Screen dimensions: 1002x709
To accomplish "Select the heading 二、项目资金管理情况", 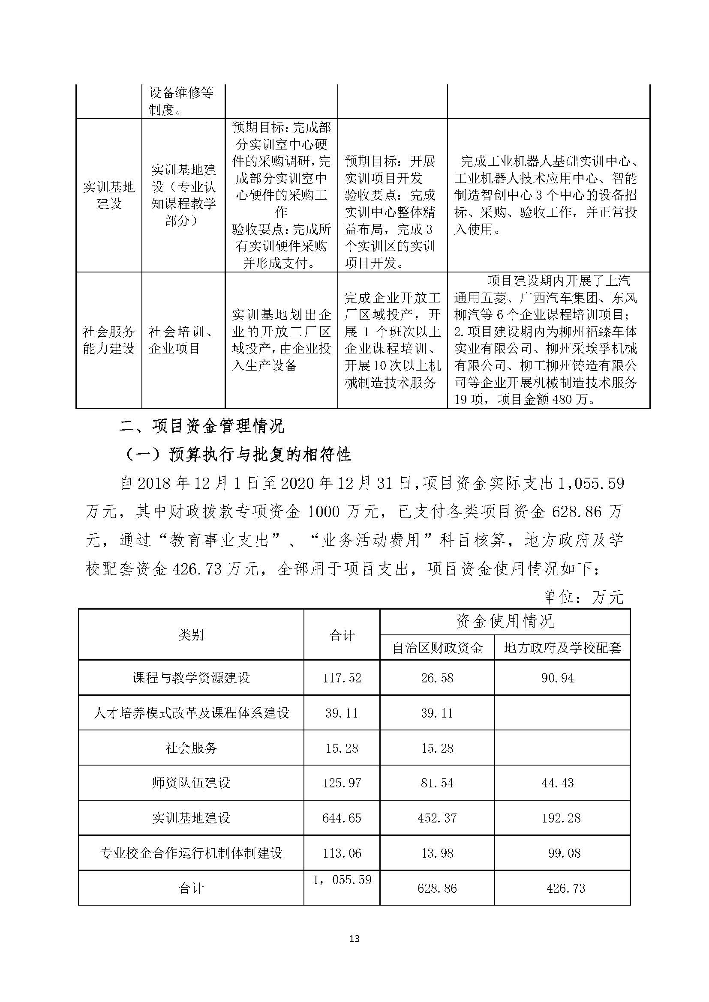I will [202, 426].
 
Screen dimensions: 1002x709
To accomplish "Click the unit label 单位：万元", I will [583, 597].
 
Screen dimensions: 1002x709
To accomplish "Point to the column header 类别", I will [191, 634].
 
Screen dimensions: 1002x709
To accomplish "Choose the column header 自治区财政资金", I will [437, 648].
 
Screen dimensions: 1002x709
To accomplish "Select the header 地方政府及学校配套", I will [562, 648].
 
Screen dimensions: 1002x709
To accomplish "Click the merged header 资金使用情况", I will [505, 622].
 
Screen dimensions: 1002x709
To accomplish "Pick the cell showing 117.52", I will [342, 678].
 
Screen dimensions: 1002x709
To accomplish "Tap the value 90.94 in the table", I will [558, 678].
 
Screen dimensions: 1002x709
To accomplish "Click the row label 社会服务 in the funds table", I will [191, 748].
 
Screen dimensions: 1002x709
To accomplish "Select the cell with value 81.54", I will [437, 783].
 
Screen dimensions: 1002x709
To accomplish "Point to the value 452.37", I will [437, 817].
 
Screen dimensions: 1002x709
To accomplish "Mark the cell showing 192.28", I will [561, 817].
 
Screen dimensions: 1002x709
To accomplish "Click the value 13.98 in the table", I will [437, 853].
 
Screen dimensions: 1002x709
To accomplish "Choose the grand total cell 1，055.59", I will [342, 880].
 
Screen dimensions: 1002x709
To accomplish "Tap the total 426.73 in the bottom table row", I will [565, 888].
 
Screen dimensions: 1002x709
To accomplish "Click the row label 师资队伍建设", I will [191, 783].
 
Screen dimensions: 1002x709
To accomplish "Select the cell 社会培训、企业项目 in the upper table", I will [183, 340].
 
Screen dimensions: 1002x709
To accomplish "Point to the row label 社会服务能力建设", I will [109, 340].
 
